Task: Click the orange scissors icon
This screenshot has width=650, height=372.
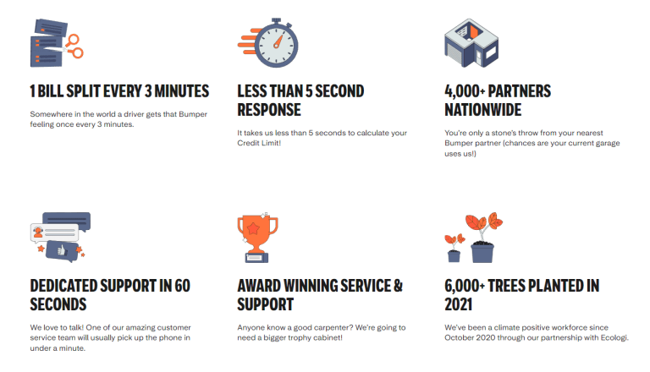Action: tap(73, 46)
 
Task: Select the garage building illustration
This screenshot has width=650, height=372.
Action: tap(471, 42)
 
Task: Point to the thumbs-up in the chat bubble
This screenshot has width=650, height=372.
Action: tap(62, 249)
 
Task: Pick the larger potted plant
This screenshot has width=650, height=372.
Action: tap(483, 238)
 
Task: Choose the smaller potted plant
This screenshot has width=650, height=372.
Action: tap(454, 248)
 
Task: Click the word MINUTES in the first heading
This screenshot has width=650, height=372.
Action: tap(182, 91)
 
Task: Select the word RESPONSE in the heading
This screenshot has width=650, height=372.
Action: tap(269, 110)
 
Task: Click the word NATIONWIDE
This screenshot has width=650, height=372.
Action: tap(483, 110)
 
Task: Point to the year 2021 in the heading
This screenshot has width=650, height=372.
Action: tap(459, 304)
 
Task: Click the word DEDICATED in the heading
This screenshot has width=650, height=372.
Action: tap(63, 286)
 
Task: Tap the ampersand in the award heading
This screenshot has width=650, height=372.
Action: tap(398, 286)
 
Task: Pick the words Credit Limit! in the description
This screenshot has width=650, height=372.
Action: tap(259, 143)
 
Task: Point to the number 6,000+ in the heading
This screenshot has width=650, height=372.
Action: tap(465, 286)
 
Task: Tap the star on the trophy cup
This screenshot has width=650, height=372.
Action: tap(253, 227)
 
